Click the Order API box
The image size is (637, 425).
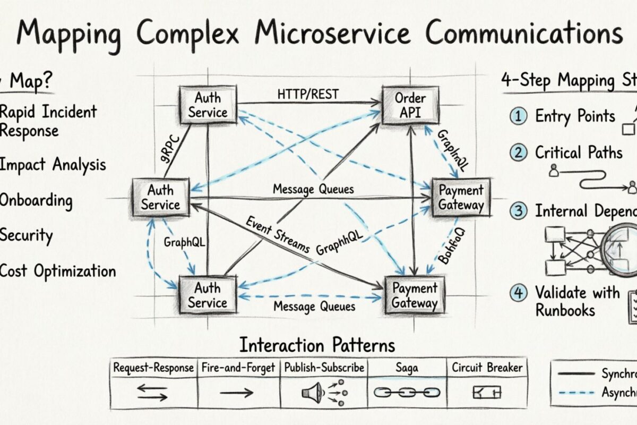[x=410, y=105]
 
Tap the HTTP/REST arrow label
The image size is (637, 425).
[x=308, y=94]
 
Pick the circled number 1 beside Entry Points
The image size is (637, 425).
[x=517, y=116]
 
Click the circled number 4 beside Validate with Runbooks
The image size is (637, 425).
[x=517, y=292]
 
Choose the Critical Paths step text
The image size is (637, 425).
[x=578, y=153]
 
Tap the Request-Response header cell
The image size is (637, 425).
[x=153, y=368]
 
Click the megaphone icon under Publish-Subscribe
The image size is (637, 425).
[x=311, y=393]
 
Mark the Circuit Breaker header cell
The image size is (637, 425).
[x=487, y=368]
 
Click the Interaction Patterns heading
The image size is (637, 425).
[x=317, y=345]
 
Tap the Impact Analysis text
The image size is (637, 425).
[x=53, y=165]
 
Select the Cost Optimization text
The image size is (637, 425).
[x=58, y=271]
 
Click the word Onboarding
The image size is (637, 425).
[x=36, y=201]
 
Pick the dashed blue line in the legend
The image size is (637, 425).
[x=576, y=393]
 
